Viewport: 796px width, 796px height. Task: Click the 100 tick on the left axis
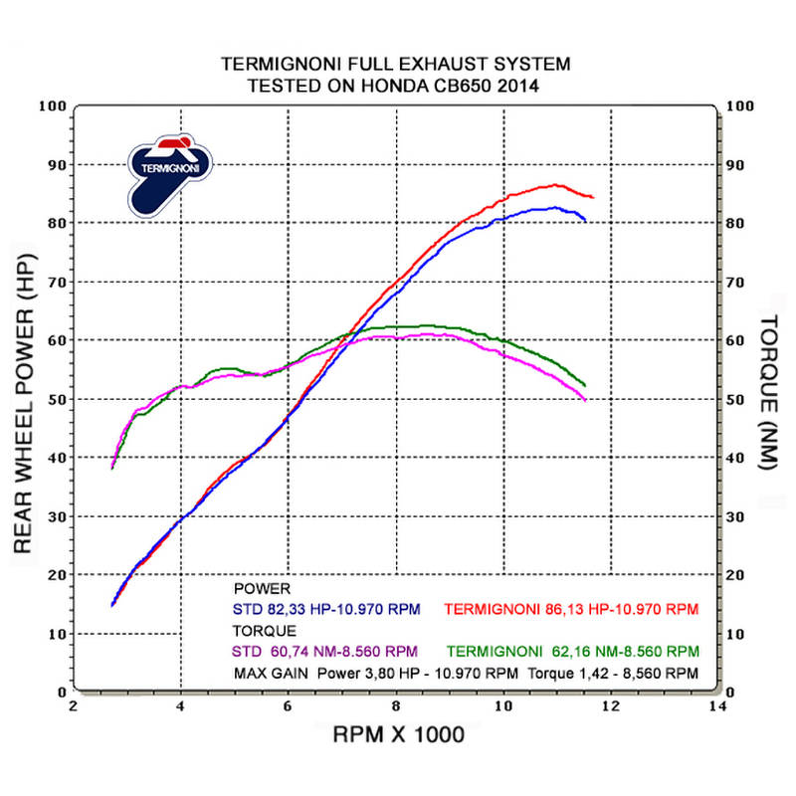[54, 106]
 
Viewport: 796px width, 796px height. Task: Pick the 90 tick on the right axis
[738, 165]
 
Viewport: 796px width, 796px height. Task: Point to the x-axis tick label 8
[396, 707]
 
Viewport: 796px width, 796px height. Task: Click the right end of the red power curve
[593, 197]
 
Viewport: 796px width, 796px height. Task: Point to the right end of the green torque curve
[585, 385]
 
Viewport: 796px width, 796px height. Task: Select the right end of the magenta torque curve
[585, 400]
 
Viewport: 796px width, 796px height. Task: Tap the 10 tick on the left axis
[58, 634]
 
